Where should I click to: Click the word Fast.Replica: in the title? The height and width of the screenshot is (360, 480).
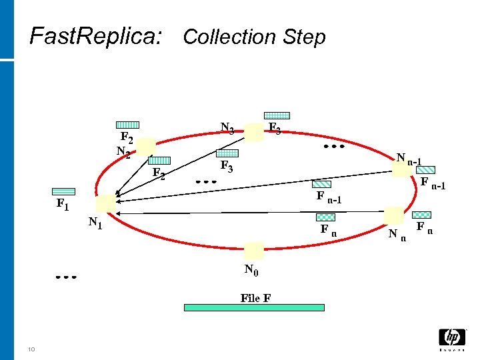96,36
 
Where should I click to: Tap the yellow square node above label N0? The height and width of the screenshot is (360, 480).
253,251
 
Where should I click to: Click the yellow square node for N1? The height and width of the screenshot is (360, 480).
105,204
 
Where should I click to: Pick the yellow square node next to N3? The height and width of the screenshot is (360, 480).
253,132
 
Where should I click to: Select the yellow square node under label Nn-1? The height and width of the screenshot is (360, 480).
401,170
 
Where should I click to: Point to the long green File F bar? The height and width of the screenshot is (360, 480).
254,307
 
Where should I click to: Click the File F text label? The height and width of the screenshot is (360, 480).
255,298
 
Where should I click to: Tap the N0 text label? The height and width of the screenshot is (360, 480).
251,270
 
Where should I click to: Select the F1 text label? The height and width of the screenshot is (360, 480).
62,204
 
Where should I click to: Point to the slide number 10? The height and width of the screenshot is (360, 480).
31,349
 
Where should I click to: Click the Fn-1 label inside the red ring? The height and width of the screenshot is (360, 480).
329,197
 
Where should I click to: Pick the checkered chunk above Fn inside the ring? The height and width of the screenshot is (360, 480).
325,217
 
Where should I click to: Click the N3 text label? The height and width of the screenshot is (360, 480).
227,129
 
